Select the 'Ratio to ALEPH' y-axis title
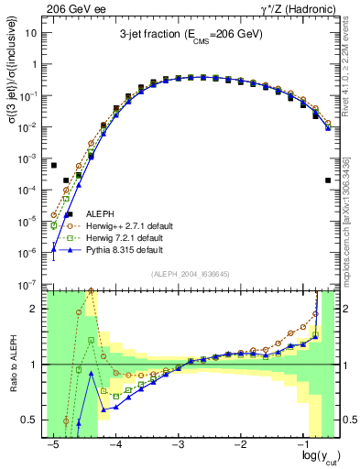(13, 365)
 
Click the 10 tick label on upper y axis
(33, 33)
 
